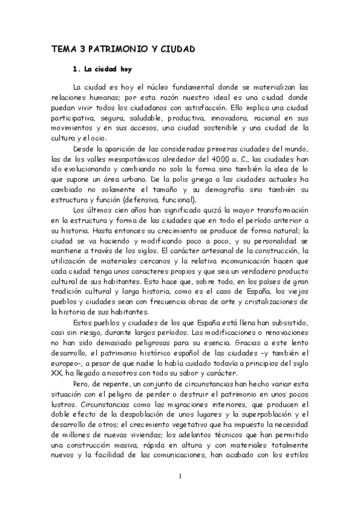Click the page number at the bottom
point(180,478)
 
